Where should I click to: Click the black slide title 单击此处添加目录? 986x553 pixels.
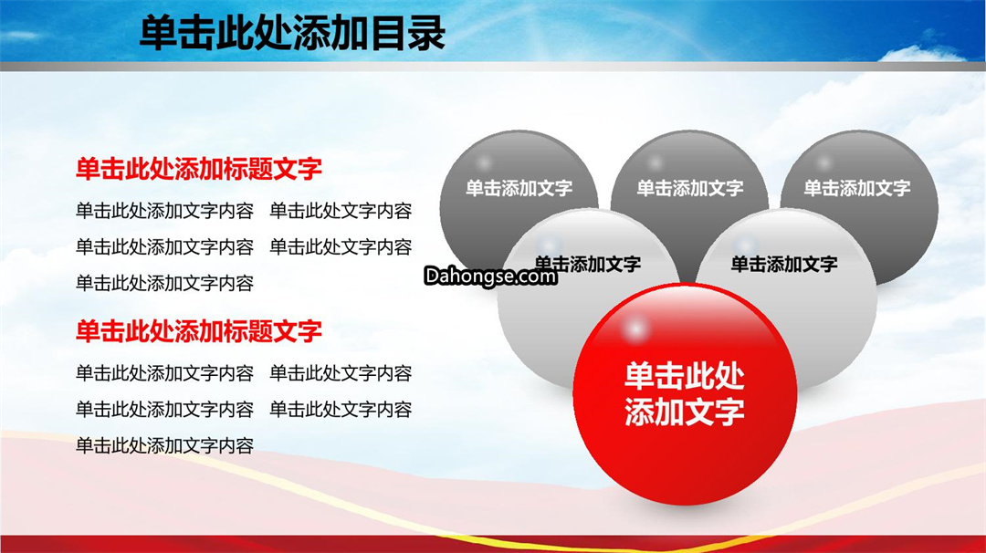292,33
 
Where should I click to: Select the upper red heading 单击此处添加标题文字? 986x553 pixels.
199,169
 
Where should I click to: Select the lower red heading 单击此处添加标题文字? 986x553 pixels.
199,331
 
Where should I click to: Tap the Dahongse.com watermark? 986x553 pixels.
490,276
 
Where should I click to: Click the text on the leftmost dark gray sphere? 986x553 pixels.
519,188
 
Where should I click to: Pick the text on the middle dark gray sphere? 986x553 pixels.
690,188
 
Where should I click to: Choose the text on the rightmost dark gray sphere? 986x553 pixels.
857,188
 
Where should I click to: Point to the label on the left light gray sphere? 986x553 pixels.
588,264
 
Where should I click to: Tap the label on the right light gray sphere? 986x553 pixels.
784,264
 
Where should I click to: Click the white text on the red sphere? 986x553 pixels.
684,394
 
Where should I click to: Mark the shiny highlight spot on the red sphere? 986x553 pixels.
635,328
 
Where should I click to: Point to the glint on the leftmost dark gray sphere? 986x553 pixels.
484,162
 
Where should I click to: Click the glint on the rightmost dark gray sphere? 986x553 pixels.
823,162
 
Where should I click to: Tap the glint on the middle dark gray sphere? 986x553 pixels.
655,162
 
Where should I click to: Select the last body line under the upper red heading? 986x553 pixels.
164,284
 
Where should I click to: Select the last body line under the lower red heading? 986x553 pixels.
164,445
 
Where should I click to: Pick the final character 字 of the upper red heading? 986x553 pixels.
310,169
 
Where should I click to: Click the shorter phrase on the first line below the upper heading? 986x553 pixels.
341,211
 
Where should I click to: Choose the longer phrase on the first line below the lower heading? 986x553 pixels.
164,373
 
